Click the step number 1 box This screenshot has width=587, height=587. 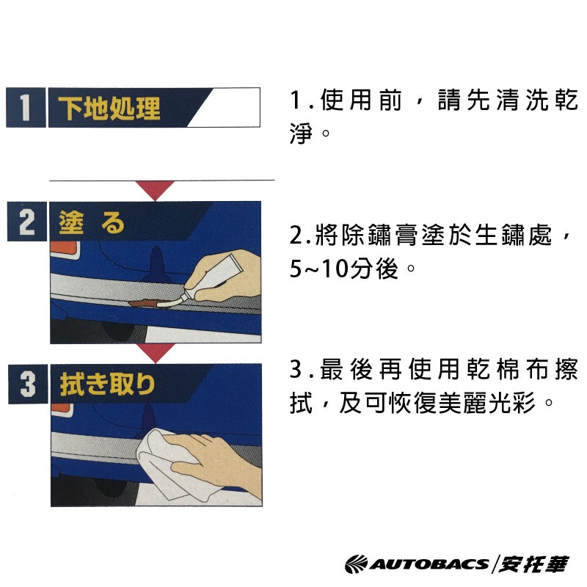pos(26,107)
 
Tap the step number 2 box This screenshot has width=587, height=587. pos(27,222)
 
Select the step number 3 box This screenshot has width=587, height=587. pos(28,384)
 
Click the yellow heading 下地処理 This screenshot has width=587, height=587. pos(109,108)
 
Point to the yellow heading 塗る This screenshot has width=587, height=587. pos(91,223)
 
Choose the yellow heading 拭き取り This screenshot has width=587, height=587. pos(107,384)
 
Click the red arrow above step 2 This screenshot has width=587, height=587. pos(155,190)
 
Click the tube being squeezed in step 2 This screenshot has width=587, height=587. pos(210,279)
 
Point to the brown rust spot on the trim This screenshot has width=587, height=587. pos(144,302)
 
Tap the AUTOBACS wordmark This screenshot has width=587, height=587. pos(429,564)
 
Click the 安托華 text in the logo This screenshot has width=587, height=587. pos(533,564)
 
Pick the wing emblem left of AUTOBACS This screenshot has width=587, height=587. pos(357,564)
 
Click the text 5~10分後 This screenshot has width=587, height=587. pos(343,269)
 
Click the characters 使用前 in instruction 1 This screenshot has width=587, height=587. pos(361,101)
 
